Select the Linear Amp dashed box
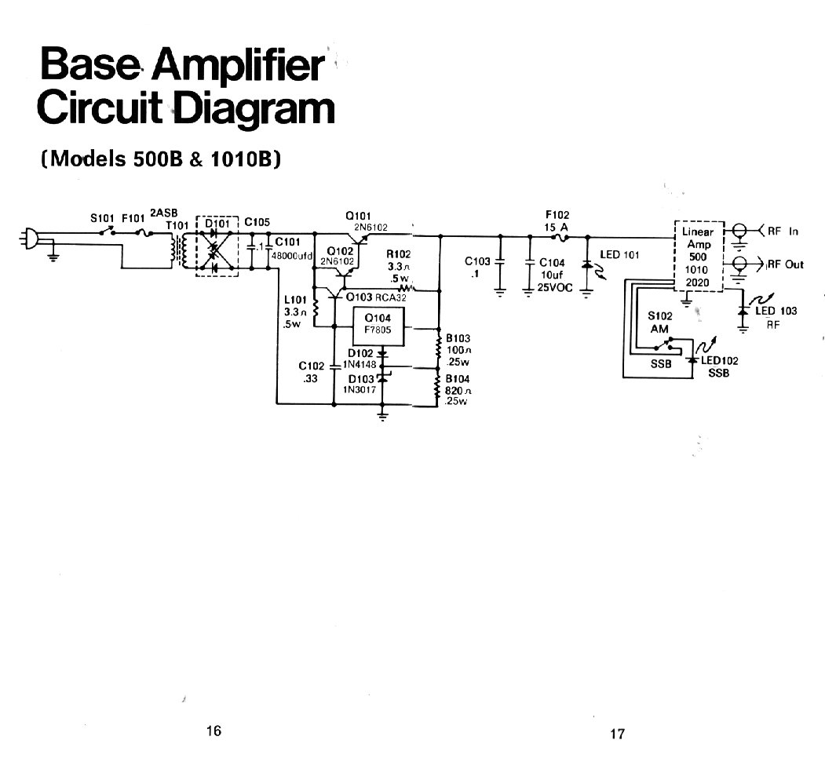pyautogui.click(x=698, y=257)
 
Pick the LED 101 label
pyautogui.click(x=620, y=255)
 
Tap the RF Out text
pyautogui.click(x=785, y=264)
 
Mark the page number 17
pyautogui.click(x=617, y=734)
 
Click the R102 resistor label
pyautogui.click(x=399, y=254)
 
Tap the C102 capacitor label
pyautogui.click(x=312, y=366)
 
